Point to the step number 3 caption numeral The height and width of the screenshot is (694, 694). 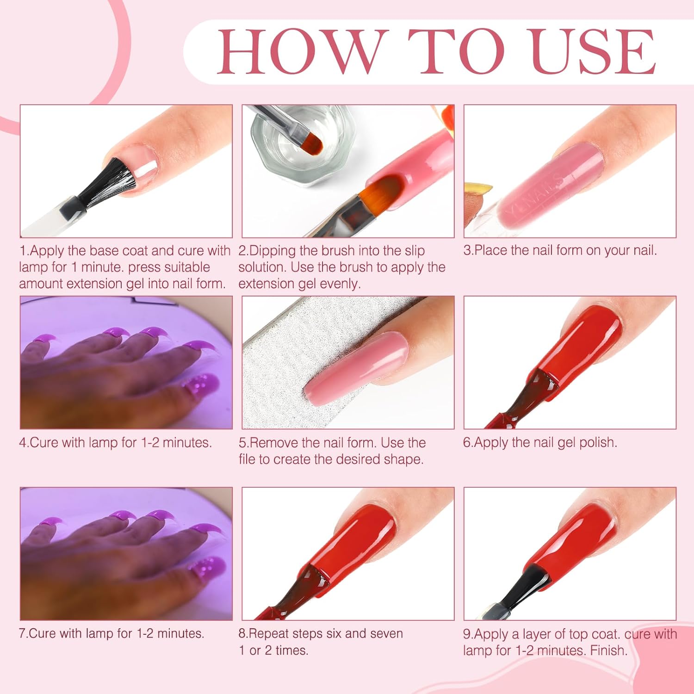coord(467,250)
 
